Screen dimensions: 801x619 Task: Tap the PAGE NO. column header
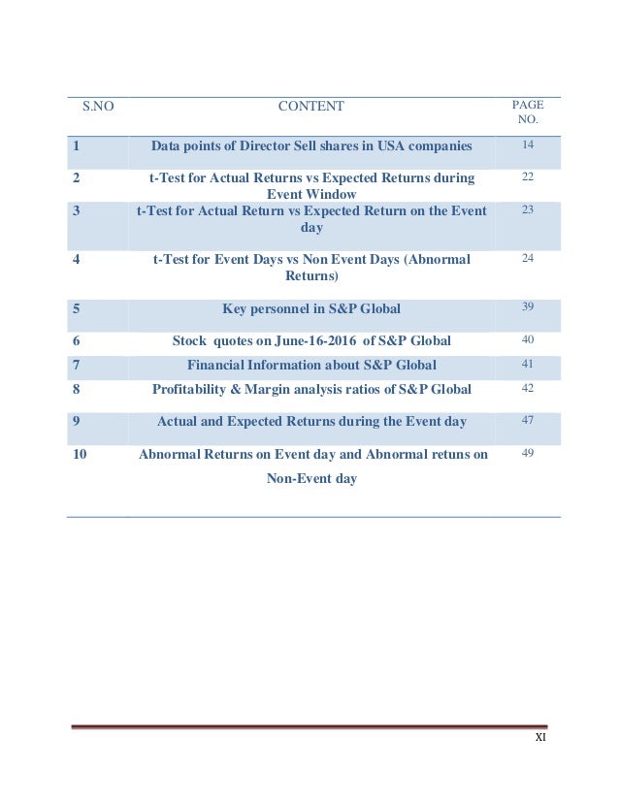tap(527, 113)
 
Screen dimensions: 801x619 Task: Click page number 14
tap(528, 144)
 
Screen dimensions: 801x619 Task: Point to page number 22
tap(528, 176)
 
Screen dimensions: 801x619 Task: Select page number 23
tap(528, 208)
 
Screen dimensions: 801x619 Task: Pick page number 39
tap(528, 306)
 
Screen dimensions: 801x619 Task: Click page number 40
tap(528, 339)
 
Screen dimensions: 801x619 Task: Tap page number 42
tap(528, 388)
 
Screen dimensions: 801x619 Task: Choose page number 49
tap(528, 453)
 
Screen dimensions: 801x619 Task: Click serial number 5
tap(75, 309)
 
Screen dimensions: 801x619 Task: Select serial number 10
tap(81, 454)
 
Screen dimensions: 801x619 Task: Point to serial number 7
tap(75, 365)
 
